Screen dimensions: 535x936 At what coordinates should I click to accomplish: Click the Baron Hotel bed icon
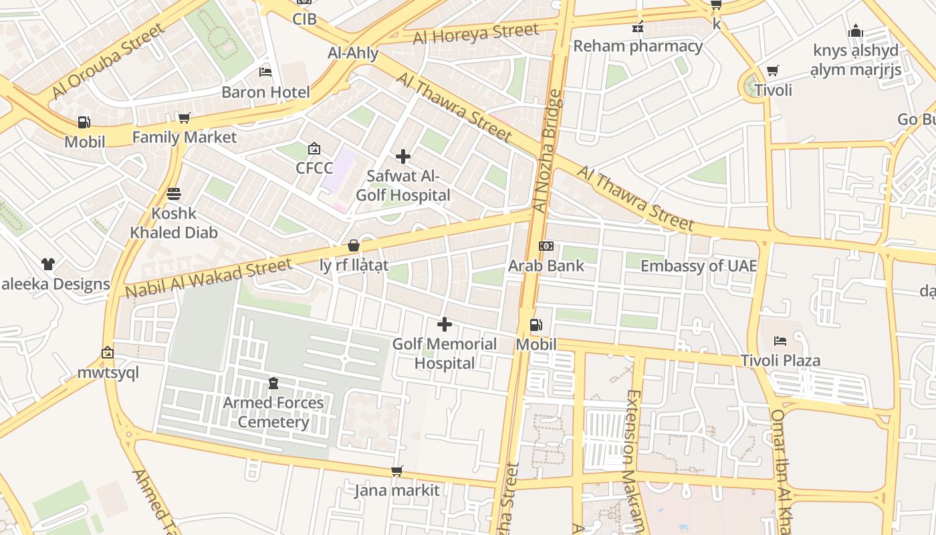(x=265, y=72)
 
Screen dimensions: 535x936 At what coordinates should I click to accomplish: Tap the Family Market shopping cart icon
(x=184, y=118)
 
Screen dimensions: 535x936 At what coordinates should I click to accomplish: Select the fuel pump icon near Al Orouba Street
(x=84, y=122)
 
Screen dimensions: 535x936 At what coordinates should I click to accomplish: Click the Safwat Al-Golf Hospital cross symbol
(x=403, y=156)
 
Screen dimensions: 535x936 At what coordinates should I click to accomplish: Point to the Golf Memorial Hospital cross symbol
(x=444, y=325)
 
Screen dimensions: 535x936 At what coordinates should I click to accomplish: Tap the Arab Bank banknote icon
(x=546, y=246)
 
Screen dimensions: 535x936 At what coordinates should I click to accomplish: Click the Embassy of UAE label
(x=699, y=266)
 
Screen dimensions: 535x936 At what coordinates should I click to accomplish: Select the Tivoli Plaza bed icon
(x=780, y=341)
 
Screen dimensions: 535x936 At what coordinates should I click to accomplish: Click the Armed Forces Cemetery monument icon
(x=273, y=383)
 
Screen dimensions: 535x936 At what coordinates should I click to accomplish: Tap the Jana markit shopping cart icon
(x=396, y=471)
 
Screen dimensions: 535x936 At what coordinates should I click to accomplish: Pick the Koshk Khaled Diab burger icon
(x=174, y=194)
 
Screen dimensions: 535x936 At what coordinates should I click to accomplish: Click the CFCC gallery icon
(x=314, y=148)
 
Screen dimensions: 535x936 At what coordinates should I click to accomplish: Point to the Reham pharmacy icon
(x=638, y=27)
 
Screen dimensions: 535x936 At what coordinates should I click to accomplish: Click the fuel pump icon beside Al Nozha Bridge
(x=536, y=325)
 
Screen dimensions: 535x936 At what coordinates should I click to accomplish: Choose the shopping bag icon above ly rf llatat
(x=354, y=245)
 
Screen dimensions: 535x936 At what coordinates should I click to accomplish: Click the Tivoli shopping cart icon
(x=773, y=70)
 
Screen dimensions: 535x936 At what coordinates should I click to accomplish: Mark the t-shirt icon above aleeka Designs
(x=47, y=264)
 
